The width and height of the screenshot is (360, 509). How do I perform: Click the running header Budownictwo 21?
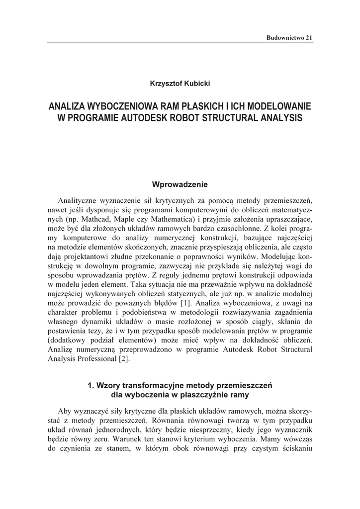coord(289,37)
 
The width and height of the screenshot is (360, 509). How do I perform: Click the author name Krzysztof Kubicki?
coord(180,84)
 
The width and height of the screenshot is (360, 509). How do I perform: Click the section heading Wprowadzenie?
coord(180,184)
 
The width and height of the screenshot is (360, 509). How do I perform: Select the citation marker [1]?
coord(185,302)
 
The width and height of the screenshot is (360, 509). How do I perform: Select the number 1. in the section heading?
coord(90,385)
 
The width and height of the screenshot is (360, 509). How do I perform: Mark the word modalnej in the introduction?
coord(297,293)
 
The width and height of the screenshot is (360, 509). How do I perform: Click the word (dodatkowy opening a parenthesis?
coord(67,340)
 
